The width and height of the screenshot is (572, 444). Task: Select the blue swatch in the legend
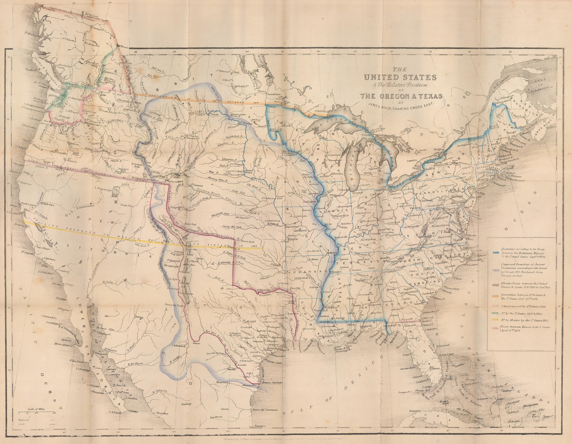[x=495, y=252]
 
